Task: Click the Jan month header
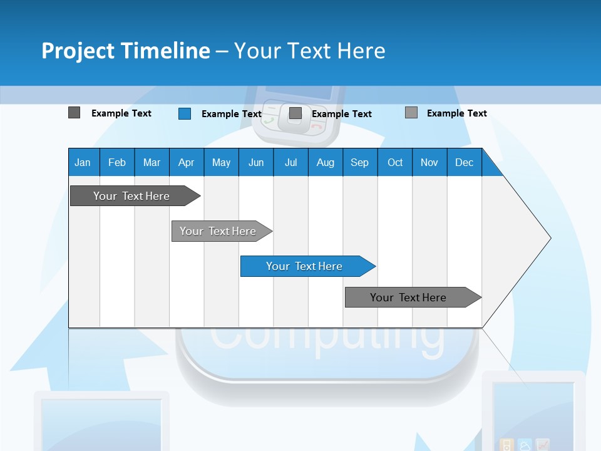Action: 83,162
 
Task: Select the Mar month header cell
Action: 152,162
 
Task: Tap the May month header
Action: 221,162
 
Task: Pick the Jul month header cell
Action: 290,162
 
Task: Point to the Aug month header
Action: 325,162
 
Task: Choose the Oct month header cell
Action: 395,162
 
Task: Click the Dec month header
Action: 464,162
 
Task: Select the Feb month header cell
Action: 117,162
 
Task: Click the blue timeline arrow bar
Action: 307,266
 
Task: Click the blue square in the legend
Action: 185,113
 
